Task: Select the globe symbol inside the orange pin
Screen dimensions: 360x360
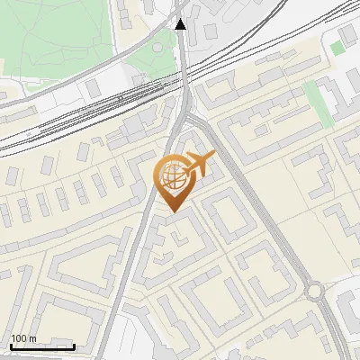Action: click(171, 176)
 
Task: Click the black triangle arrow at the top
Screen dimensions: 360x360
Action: click(181, 25)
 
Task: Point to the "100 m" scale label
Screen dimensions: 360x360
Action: click(22, 338)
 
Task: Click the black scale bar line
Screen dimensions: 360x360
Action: click(41, 346)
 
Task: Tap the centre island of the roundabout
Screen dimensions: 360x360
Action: click(314, 292)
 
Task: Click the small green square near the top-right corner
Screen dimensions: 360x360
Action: click(337, 47)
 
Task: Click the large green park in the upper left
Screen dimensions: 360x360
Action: click(54, 36)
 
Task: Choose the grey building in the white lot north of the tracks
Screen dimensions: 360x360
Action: click(94, 87)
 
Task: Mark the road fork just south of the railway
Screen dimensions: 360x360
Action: click(187, 114)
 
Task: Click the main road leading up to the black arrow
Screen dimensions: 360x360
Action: click(183, 63)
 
